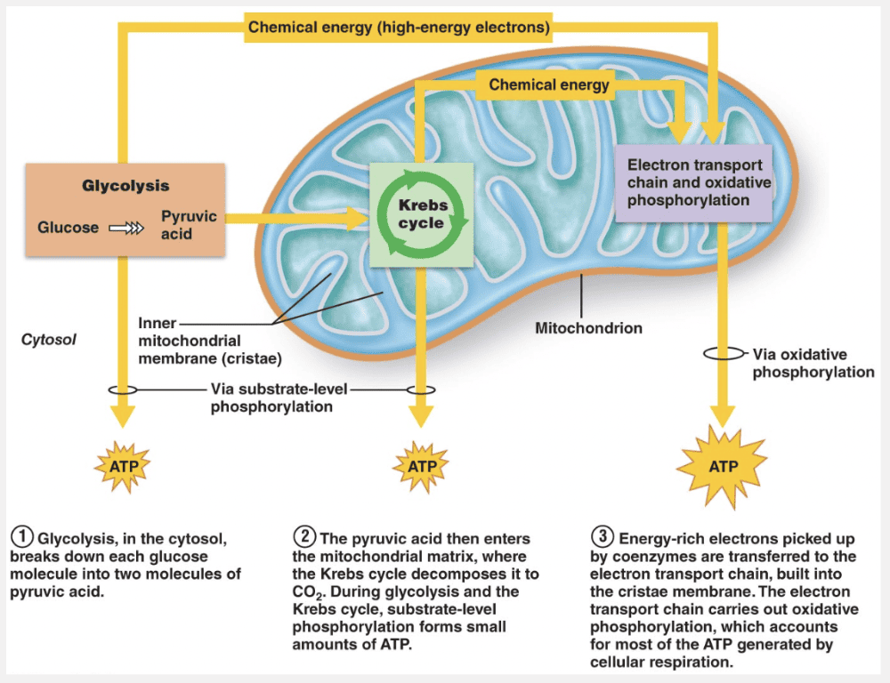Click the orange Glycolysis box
click(x=125, y=208)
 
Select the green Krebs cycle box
click(x=421, y=214)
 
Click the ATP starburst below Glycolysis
click(x=123, y=465)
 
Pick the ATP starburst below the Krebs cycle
click(x=421, y=465)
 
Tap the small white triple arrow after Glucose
click(x=125, y=229)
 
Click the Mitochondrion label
click(x=588, y=328)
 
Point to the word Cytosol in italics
click(x=48, y=339)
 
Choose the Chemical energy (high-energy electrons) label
click(x=399, y=28)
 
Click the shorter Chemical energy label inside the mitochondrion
click(x=549, y=85)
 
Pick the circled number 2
click(x=303, y=537)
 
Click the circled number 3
click(x=603, y=537)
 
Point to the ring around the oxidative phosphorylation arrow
click(x=723, y=353)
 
